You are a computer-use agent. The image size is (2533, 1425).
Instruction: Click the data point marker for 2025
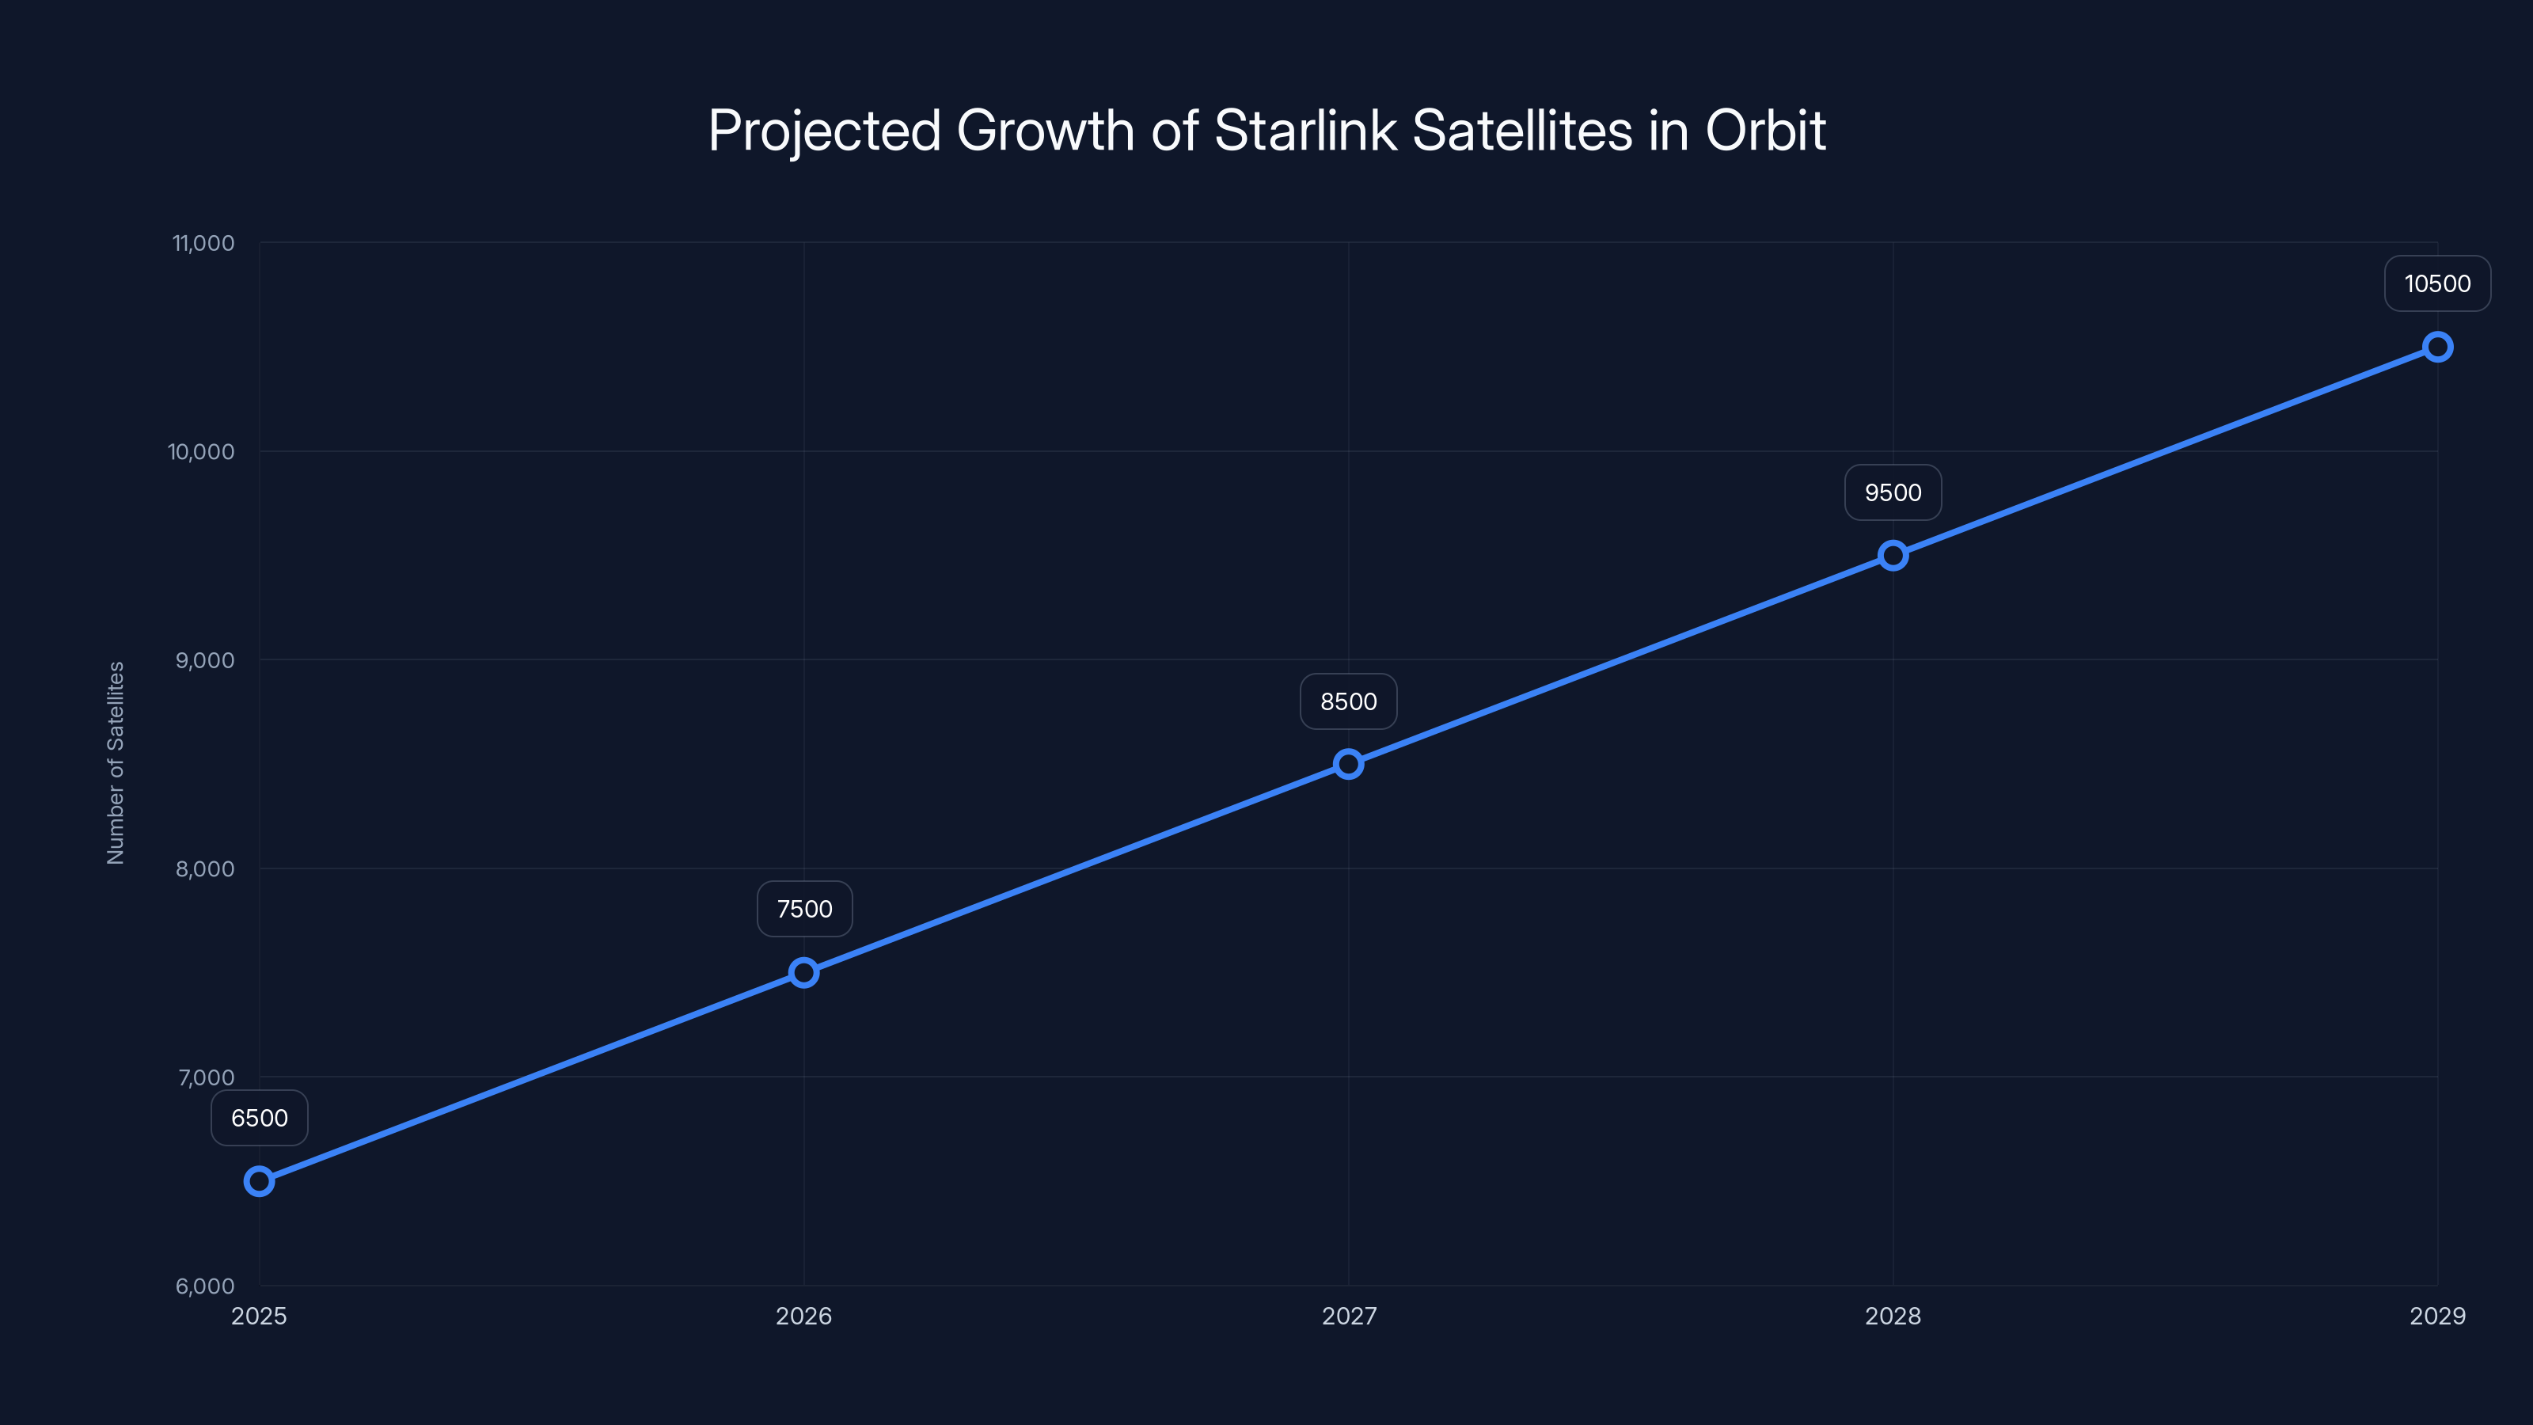[259, 1181]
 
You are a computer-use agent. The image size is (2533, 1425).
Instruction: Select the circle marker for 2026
[803, 973]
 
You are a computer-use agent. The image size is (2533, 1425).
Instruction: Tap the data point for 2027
[1348, 764]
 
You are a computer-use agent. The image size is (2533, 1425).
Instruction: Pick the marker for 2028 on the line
[1893, 556]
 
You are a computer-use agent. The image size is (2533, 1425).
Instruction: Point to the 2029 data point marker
[2438, 348]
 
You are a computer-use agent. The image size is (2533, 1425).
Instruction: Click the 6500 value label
[260, 1118]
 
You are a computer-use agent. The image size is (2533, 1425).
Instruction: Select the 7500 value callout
[804, 909]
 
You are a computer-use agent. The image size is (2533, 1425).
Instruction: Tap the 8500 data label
[1348, 701]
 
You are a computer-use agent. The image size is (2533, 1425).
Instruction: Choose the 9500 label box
[1893, 492]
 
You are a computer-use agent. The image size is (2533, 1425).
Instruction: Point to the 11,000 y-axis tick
[203, 243]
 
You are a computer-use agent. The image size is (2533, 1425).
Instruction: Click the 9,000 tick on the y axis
[204, 660]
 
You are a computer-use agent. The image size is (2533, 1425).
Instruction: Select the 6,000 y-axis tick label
[204, 1286]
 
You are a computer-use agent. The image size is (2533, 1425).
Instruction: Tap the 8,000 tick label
[204, 868]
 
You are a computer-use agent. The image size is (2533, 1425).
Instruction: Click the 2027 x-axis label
[1349, 1316]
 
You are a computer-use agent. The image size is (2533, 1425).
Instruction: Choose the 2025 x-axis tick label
[259, 1316]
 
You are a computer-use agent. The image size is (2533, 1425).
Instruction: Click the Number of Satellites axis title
[116, 763]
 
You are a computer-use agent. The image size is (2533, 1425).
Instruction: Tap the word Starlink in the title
[1304, 131]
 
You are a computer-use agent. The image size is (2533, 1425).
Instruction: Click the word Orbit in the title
[1765, 131]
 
